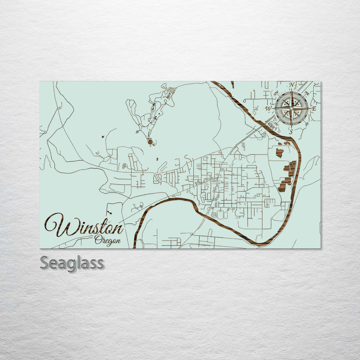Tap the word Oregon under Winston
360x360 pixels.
point(107,240)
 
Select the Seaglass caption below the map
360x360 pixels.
point(72,263)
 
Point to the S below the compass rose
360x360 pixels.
point(291,132)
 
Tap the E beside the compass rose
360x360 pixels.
point(314,108)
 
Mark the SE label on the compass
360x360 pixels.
point(307,124)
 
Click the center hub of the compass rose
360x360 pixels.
point(291,108)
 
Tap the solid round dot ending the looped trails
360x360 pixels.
point(151,142)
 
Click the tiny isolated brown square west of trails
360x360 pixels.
point(102,137)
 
